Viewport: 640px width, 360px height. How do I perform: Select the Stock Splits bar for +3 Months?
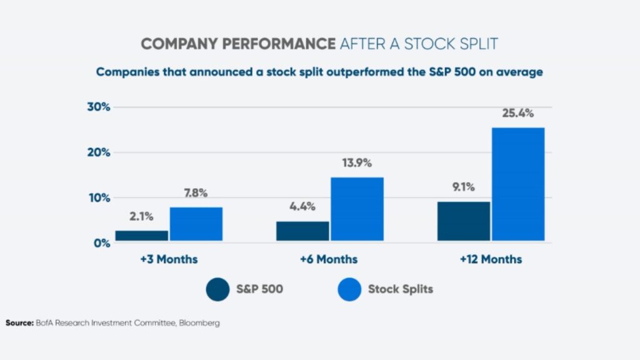pyautogui.click(x=196, y=224)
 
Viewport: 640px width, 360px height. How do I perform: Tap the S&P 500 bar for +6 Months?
pyautogui.click(x=302, y=231)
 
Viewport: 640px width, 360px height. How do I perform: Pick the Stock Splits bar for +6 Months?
pyautogui.click(x=357, y=209)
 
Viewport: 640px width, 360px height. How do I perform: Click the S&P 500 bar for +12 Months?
pyautogui.click(x=464, y=221)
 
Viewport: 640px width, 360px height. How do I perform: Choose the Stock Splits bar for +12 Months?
pyautogui.click(x=517, y=184)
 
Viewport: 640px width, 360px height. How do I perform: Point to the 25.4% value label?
pyautogui.click(x=517, y=114)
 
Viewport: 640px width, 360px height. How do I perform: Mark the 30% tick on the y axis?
pyautogui.click(x=98, y=107)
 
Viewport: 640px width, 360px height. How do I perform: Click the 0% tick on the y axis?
pyautogui.click(x=102, y=243)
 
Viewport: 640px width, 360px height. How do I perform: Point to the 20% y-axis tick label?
pyautogui.click(x=98, y=152)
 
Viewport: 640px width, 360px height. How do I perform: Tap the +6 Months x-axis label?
pyautogui.click(x=330, y=259)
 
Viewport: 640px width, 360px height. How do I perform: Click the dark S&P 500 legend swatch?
pyautogui.click(x=219, y=289)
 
